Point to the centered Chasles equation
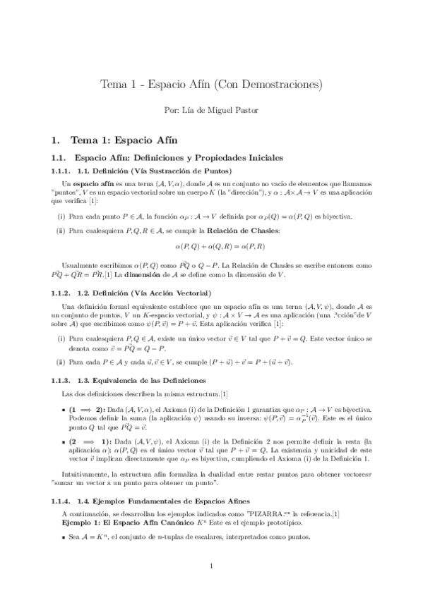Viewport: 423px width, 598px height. [211, 245]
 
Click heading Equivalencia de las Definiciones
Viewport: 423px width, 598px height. [145, 379]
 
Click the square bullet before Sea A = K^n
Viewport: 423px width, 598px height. [64, 539]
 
